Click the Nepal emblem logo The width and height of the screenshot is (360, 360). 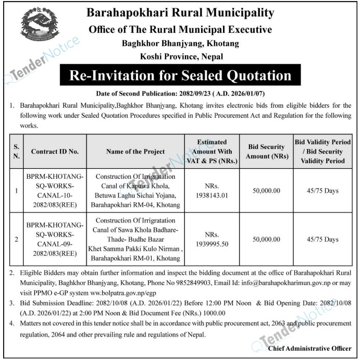tap(40, 27)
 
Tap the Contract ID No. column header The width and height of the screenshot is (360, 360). tap(55, 152)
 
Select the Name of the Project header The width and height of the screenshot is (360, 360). tap(135, 152)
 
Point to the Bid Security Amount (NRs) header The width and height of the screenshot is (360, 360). tap(265, 152)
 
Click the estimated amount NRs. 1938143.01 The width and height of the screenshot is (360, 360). tap(211, 191)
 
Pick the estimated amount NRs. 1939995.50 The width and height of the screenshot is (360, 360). tap(211, 239)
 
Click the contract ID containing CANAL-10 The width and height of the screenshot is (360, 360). tap(55, 191)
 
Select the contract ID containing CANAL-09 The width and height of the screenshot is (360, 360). tap(55, 239)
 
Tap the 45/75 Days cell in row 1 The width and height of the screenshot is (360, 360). tap(322, 191)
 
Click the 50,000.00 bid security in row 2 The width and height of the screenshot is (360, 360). tap(265, 239)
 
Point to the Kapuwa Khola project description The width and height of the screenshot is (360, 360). tap(135, 191)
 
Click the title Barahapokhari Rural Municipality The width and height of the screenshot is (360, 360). tap(180, 13)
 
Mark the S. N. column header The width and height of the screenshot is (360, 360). tap(17, 152)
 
